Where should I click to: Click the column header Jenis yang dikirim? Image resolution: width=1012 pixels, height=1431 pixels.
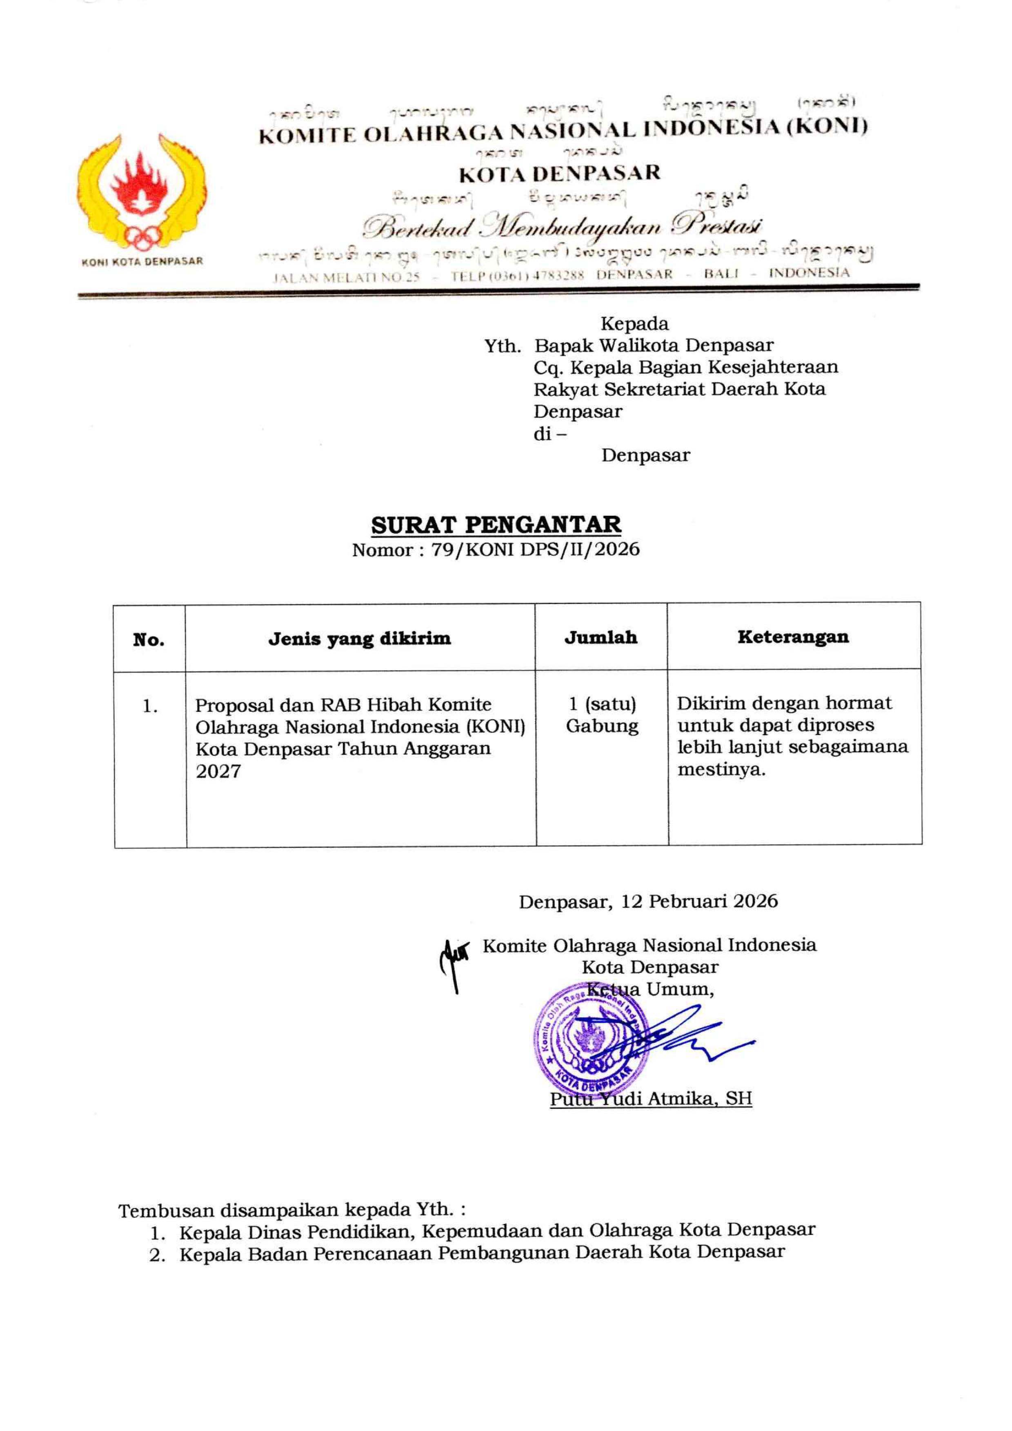(360, 639)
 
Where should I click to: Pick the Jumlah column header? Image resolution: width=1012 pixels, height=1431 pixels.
(601, 637)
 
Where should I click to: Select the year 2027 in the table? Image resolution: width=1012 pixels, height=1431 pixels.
(218, 771)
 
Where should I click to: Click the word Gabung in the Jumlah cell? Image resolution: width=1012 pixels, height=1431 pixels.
(602, 726)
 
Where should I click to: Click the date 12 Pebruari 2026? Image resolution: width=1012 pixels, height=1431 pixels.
(700, 901)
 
